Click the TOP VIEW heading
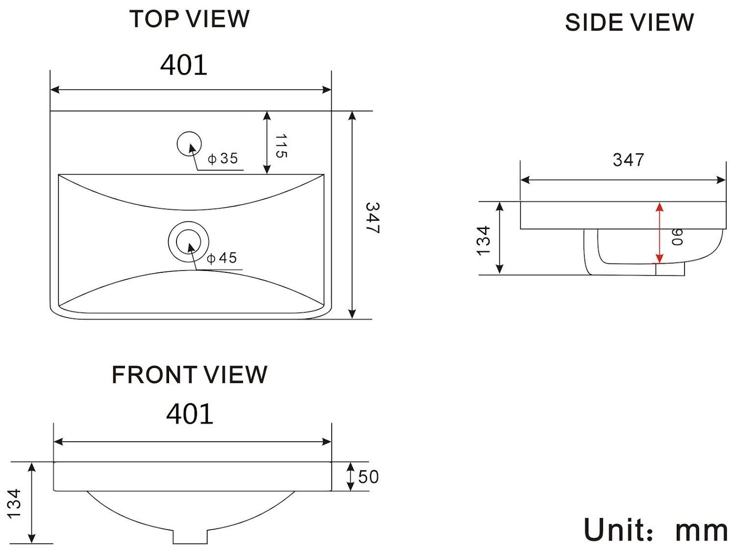(189, 19)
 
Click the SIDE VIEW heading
(629, 23)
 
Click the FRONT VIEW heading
(189, 375)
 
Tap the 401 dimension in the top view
(184, 65)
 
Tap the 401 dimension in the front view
(190, 414)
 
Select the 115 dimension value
(280, 146)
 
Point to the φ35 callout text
(223, 158)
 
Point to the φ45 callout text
(222, 258)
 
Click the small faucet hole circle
(189, 144)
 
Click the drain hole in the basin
(189, 241)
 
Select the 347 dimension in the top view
(372, 218)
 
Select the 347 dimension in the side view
(628, 160)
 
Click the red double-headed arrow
(660, 233)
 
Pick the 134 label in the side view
(484, 240)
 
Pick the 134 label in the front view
(14, 502)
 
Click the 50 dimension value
(368, 477)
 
